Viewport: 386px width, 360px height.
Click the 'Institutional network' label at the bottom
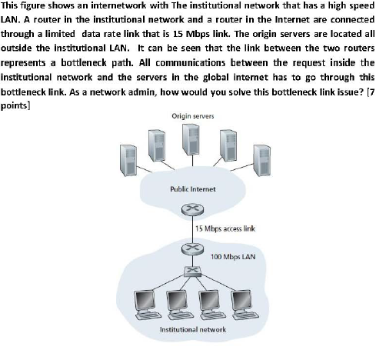click(193, 329)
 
